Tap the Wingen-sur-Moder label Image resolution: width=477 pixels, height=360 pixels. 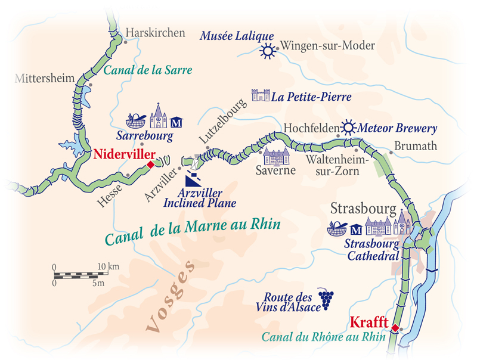[x=327, y=46]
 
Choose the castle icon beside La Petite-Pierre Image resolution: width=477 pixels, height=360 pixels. [x=261, y=95]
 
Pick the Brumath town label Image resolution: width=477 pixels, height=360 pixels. [x=416, y=146]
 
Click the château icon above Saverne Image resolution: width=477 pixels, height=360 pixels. [x=276, y=157]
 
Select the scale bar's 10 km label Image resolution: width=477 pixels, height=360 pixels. [x=109, y=265]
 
